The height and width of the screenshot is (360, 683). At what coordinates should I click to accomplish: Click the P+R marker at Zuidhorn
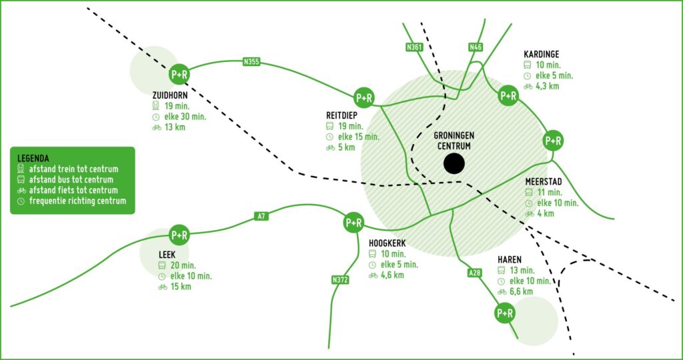179,75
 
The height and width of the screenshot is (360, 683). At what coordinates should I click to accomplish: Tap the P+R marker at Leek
179,235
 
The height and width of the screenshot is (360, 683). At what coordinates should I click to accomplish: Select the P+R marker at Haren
505,313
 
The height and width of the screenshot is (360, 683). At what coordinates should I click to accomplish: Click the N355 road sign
251,62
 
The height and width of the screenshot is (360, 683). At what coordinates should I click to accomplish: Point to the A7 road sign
261,216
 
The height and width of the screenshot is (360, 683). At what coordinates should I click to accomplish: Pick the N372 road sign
340,280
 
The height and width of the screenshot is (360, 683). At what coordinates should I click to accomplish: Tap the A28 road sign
474,273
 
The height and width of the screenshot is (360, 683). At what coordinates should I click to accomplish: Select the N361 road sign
414,47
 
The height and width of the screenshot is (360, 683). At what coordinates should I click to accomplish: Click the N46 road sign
475,47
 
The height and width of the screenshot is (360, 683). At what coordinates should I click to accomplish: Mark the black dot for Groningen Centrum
454,164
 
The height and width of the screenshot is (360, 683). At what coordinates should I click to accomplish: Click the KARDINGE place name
542,55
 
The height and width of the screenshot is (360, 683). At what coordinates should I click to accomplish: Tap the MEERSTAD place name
543,181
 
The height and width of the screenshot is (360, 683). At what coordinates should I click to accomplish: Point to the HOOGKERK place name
388,243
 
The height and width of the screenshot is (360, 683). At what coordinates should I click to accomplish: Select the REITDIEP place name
341,116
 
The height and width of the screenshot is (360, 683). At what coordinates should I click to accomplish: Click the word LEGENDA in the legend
33,159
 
